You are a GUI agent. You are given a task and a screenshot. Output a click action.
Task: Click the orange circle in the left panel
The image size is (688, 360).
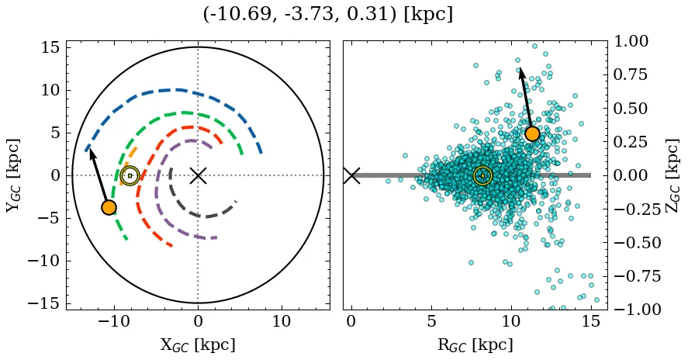pyautogui.click(x=109, y=207)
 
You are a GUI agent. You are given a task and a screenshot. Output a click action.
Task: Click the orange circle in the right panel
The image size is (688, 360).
pyautogui.click(x=532, y=133)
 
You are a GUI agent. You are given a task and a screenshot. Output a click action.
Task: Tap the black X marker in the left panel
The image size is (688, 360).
pyautogui.click(x=198, y=175)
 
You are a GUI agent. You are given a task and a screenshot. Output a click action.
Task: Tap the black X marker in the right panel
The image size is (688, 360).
pyautogui.click(x=351, y=175)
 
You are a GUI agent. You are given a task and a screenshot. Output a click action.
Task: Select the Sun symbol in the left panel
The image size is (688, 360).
pyautogui.click(x=130, y=176)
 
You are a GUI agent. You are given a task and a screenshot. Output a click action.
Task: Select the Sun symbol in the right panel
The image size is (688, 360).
pyautogui.click(x=482, y=176)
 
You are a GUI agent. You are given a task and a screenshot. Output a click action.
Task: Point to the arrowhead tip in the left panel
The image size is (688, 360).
pyautogui.click(x=90, y=149)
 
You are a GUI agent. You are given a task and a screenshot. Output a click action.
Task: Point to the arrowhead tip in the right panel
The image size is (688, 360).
pyautogui.click(x=520, y=68)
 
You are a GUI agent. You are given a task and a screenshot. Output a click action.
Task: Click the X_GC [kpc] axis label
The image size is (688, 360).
pyautogui.click(x=198, y=344)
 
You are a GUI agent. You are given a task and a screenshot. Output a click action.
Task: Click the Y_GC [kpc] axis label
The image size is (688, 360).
pyautogui.click(x=13, y=175)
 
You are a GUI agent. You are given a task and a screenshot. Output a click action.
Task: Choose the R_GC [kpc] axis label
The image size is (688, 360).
pyautogui.click(x=475, y=344)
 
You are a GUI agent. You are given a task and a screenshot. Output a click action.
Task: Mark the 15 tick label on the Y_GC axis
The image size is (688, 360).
pyautogui.click(x=49, y=48)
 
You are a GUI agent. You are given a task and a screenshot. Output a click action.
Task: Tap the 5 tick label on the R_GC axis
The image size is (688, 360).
pyautogui.click(x=430, y=321)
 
